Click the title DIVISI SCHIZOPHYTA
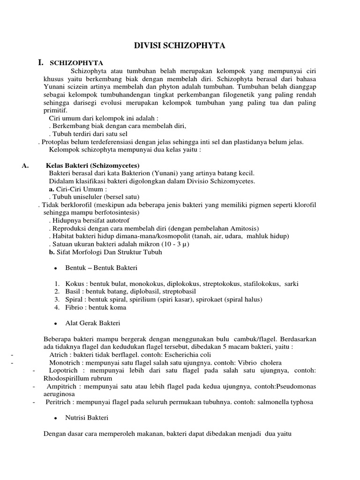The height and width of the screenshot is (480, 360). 180,45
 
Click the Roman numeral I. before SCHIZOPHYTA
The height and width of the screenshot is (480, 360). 41,62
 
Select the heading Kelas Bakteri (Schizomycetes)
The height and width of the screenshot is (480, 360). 92,165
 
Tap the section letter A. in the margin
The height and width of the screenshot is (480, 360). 26,165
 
